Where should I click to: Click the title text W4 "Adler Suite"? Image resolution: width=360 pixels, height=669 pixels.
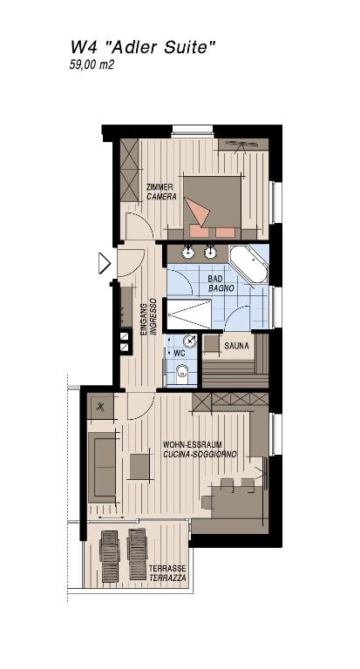[141, 49]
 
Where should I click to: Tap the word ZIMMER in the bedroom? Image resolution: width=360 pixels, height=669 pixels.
[160, 187]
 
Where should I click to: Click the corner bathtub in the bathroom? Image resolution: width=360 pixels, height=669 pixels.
[248, 263]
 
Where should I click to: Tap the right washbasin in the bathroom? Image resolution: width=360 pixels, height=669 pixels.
[210, 253]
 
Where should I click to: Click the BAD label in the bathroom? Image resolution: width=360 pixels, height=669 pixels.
[216, 279]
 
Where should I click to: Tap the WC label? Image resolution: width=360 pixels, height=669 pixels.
[179, 354]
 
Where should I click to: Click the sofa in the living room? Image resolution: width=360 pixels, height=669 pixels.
[102, 468]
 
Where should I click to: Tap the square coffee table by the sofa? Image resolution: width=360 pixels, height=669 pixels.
[140, 468]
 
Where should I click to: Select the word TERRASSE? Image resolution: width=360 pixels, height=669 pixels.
[166, 569]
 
